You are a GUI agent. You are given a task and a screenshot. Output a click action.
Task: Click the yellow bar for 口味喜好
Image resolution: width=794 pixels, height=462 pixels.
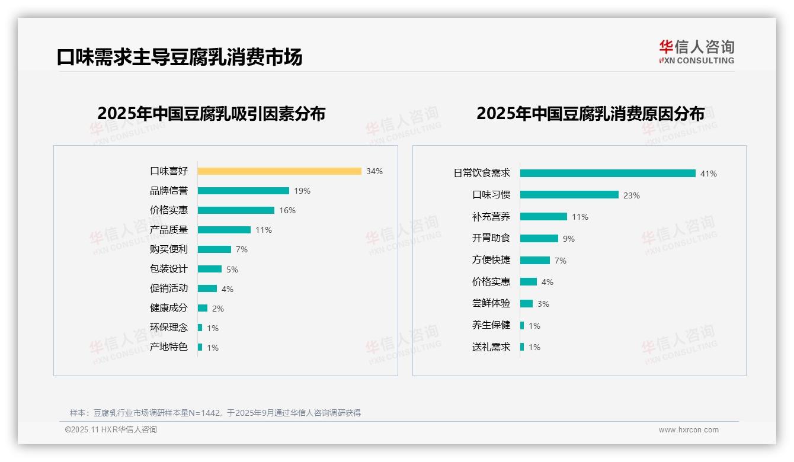click(x=279, y=171)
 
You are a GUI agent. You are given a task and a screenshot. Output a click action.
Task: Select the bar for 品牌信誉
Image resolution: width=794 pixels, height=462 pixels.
click(x=243, y=191)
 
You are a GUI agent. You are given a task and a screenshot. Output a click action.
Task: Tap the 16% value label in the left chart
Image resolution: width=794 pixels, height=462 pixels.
click(x=287, y=210)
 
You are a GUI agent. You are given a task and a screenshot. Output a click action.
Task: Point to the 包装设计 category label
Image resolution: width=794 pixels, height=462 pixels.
click(x=169, y=269)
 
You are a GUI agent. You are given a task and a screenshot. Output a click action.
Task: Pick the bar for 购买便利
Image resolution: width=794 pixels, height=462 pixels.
click(x=214, y=249)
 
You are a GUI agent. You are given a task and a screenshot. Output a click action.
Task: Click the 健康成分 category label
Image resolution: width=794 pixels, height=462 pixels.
click(x=169, y=308)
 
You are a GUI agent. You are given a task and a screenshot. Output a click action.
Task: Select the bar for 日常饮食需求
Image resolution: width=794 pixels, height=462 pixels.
click(x=607, y=174)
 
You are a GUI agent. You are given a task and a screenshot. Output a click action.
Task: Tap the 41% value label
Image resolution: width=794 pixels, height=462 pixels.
click(x=709, y=174)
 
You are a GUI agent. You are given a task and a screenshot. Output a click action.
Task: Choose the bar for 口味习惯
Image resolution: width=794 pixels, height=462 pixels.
click(x=569, y=195)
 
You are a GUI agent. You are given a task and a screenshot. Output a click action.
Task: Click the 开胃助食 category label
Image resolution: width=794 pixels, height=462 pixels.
click(x=491, y=238)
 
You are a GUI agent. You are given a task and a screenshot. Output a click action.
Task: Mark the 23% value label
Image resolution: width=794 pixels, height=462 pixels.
click(x=632, y=195)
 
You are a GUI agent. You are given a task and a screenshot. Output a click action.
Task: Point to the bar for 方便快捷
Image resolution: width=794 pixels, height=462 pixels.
click(x=534, y=260)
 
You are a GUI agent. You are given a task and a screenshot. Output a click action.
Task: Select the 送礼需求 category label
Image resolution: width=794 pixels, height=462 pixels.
click(x=491, y=347)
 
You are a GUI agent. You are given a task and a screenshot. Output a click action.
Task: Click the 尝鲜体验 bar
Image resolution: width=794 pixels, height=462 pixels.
click(x=526, y=304)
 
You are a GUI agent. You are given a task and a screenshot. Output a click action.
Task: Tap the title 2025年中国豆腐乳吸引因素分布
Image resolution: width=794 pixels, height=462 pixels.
click(x=212, y=113)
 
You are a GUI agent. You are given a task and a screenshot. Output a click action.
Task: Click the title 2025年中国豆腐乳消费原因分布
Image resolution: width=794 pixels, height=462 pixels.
click(x=590, y=113)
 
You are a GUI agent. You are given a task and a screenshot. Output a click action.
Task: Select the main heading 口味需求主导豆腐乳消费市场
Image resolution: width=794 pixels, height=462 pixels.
click(x=180, y=57)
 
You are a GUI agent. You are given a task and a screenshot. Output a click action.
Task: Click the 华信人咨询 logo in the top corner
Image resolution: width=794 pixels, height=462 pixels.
click(x=696, y=52)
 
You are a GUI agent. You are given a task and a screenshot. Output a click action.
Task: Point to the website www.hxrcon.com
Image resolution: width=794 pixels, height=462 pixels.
click(x=689, y=430)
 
